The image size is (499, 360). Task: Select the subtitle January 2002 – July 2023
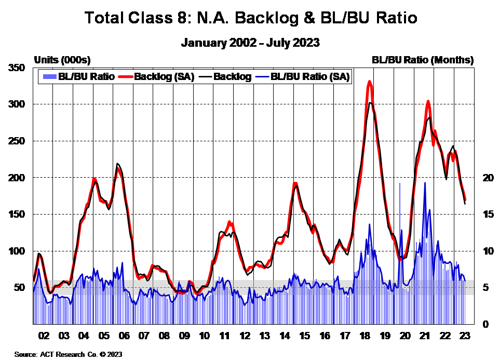tap(250, 43)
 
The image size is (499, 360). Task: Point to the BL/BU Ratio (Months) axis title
tap(423, 60)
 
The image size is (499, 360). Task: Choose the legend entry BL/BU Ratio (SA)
tap(311, 77)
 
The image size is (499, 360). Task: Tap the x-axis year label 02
tap(43, 336)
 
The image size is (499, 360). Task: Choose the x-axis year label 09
tap(184, 336)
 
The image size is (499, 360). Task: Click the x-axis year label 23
tap(464, 336)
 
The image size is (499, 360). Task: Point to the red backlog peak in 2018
tap(369, 82)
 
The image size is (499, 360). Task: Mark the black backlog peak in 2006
tap(117, 164)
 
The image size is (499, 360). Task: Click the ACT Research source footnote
tap(68, 354)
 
